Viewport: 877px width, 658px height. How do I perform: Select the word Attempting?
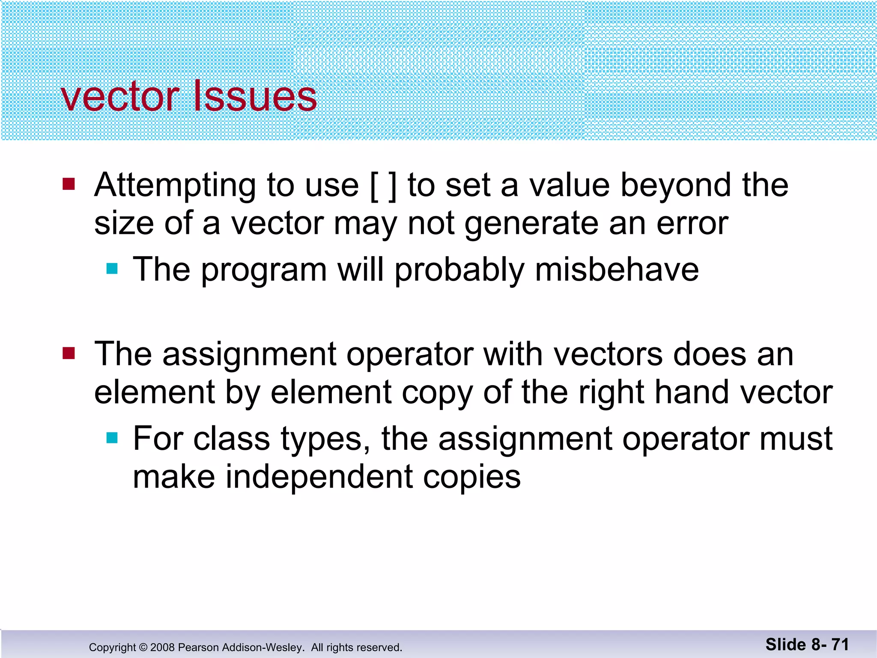tap(175, 186)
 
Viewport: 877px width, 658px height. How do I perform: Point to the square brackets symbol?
tap(383, 186)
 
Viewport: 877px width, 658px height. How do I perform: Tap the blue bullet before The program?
tap(112, 269)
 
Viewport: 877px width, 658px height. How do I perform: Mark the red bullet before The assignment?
tap(69, 353)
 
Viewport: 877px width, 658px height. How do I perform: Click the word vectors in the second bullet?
tap(608, 354)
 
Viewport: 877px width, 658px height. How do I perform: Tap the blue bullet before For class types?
tap(112, 438)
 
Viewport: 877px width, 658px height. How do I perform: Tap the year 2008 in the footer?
tap(162, 647)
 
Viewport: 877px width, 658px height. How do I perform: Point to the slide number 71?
tap(840, 644)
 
